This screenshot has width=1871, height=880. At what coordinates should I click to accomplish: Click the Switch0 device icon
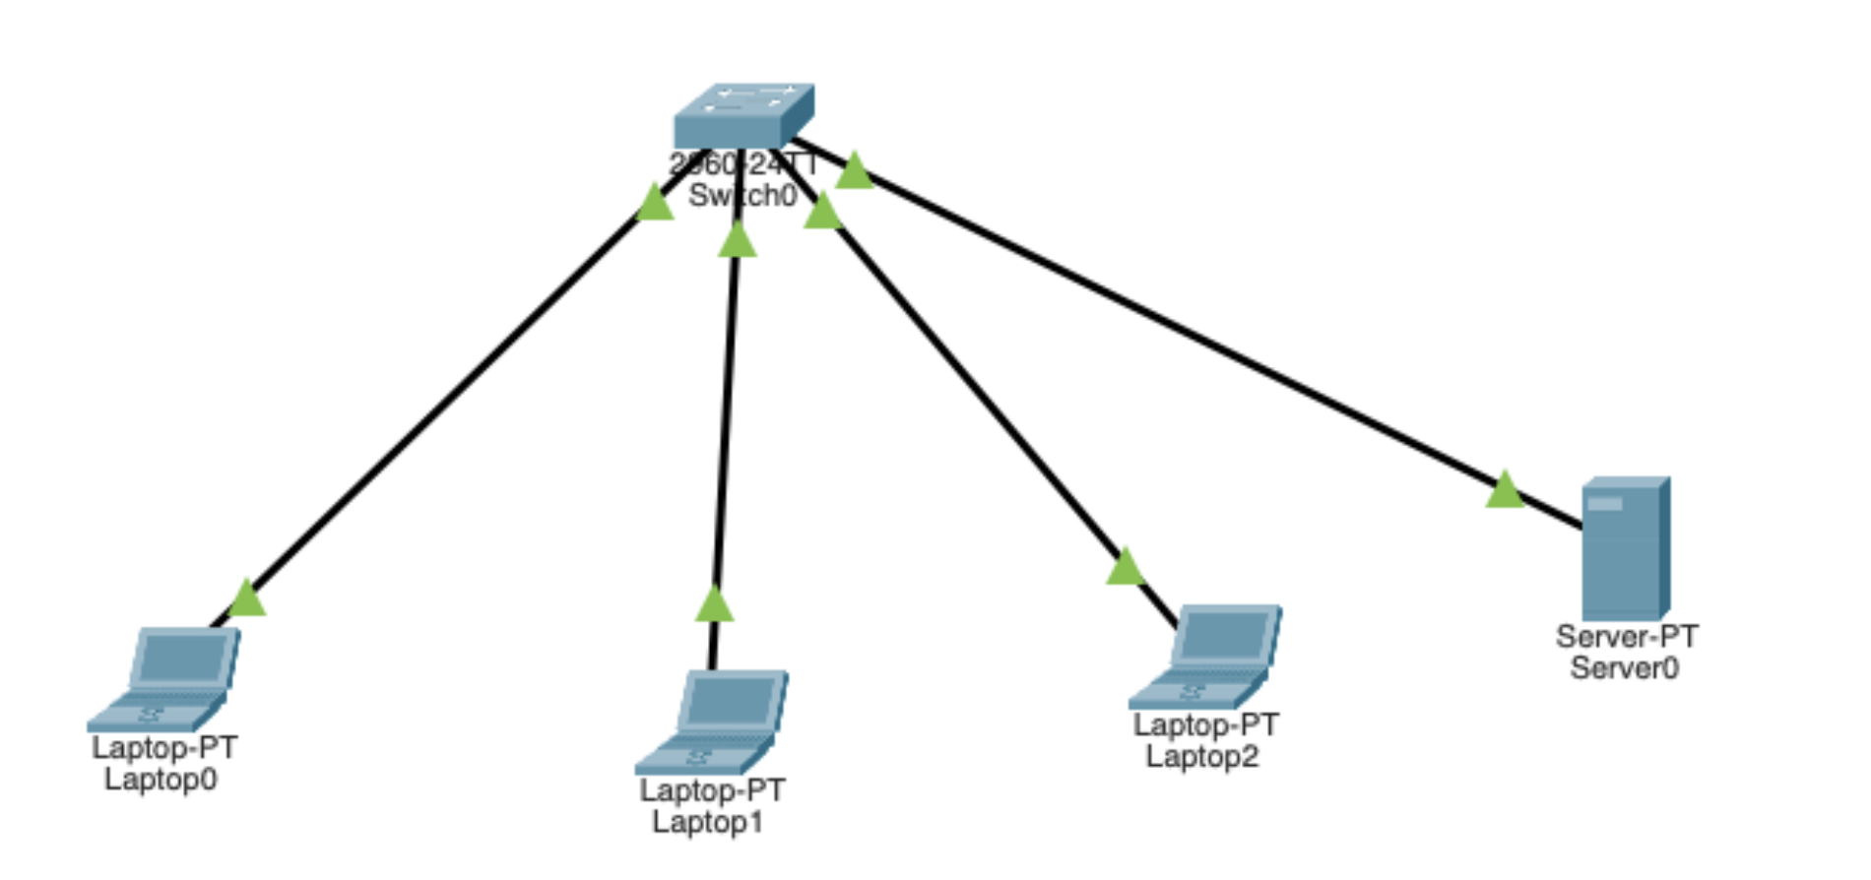point(743,115)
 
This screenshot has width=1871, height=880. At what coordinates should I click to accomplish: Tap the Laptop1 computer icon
point(713,721)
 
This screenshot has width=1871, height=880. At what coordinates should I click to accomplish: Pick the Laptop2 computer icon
point(1207,656)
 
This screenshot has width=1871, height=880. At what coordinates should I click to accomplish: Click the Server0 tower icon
point(1625,548)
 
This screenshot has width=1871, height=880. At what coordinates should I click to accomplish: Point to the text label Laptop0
point(161,780)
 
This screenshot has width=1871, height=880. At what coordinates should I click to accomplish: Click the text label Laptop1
point(707,822)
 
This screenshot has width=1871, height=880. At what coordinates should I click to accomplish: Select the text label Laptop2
point(1202,757)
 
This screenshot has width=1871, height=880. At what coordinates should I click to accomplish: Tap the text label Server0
point(1624,668)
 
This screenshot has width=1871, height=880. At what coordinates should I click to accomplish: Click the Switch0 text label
point(742,196)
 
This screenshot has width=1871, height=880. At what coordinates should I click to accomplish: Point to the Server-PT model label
point(1627,637)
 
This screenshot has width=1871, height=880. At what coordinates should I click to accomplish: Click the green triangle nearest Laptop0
point(247,598)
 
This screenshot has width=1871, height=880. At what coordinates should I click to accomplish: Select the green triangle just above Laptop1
point(715,604)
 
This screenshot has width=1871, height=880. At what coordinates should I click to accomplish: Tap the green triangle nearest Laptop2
point(1125,568)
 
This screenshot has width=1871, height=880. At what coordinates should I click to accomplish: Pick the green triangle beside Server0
point(1505,490)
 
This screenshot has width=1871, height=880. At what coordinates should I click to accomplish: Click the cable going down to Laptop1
point(726,423)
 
